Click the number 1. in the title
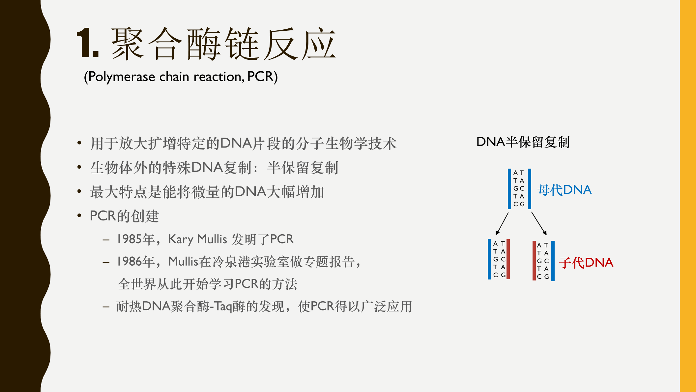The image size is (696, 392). [x=87, y=43]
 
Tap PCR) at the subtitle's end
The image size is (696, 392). [x=262, y=77]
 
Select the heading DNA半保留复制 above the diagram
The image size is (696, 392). [x=523, y=142]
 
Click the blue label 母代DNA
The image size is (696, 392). [x=565, y=190]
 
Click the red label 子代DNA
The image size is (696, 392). [x=586, y=263]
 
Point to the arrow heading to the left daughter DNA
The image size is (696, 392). [x=502, y=224]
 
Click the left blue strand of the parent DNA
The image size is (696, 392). [x=509, y=189]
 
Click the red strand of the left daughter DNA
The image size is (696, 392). [x=508, y=259]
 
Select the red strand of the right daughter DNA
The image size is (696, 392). [x=534, y=261]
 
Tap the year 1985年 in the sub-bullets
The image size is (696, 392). [x=135, y=239]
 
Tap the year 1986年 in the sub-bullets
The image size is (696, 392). [x=135, y=262]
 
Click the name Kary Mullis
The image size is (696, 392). [x=197, y=239]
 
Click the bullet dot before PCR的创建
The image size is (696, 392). [x=79, y=216]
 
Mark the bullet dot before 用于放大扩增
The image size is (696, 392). [x=79, y=143]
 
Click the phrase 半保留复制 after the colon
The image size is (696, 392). [x=303, y=168]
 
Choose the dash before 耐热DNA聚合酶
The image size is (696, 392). [x=106, y=307]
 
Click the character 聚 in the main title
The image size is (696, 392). [x=128, y=44]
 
